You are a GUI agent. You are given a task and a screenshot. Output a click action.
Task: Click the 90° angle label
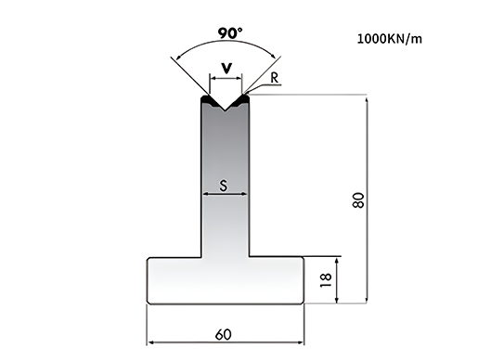point(230,32)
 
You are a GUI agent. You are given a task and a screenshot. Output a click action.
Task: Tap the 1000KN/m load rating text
point(390,39)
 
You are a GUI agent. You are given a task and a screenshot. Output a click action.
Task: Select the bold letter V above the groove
point(226,68)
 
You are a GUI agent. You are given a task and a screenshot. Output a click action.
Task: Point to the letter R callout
point(274,78)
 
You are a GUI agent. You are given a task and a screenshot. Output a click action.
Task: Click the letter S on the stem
point(224,186)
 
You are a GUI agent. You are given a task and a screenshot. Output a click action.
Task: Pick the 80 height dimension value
point(359,200)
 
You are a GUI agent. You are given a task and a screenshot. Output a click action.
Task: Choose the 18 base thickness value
point(326,280)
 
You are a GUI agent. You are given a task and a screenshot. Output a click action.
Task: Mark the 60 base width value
point(223,335)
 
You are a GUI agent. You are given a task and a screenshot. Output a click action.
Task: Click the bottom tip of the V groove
point(226,111)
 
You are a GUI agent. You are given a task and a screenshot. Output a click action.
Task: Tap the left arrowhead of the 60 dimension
point(150,342)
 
